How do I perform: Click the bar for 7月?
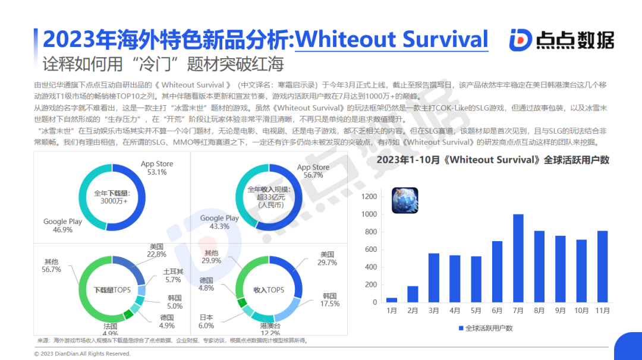click(518, 258)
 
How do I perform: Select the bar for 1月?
click(392, 300)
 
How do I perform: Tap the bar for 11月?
click(602, 267)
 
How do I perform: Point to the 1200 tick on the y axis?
click(370, 197)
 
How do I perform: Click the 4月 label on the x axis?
click(455, 311)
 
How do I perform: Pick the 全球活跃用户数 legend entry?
click(486, 328)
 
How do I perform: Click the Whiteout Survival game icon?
click(404, 200)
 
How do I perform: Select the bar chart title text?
click(493, 160)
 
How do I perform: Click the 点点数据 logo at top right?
click(561, 39)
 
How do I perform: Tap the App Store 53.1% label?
click(157, 168)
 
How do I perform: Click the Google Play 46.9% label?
click(62, 226)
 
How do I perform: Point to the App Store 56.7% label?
click(313, 171)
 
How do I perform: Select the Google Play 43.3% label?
click(219, 222)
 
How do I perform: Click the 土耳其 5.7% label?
click(173, 275)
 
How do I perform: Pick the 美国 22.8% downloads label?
click(157, 250)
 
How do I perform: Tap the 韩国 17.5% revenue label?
click(330, 300)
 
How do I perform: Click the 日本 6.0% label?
click(206, 321)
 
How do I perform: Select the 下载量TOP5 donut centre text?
click(112, 290)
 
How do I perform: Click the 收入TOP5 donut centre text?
click(269, 290)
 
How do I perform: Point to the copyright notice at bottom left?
click(82, 353)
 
